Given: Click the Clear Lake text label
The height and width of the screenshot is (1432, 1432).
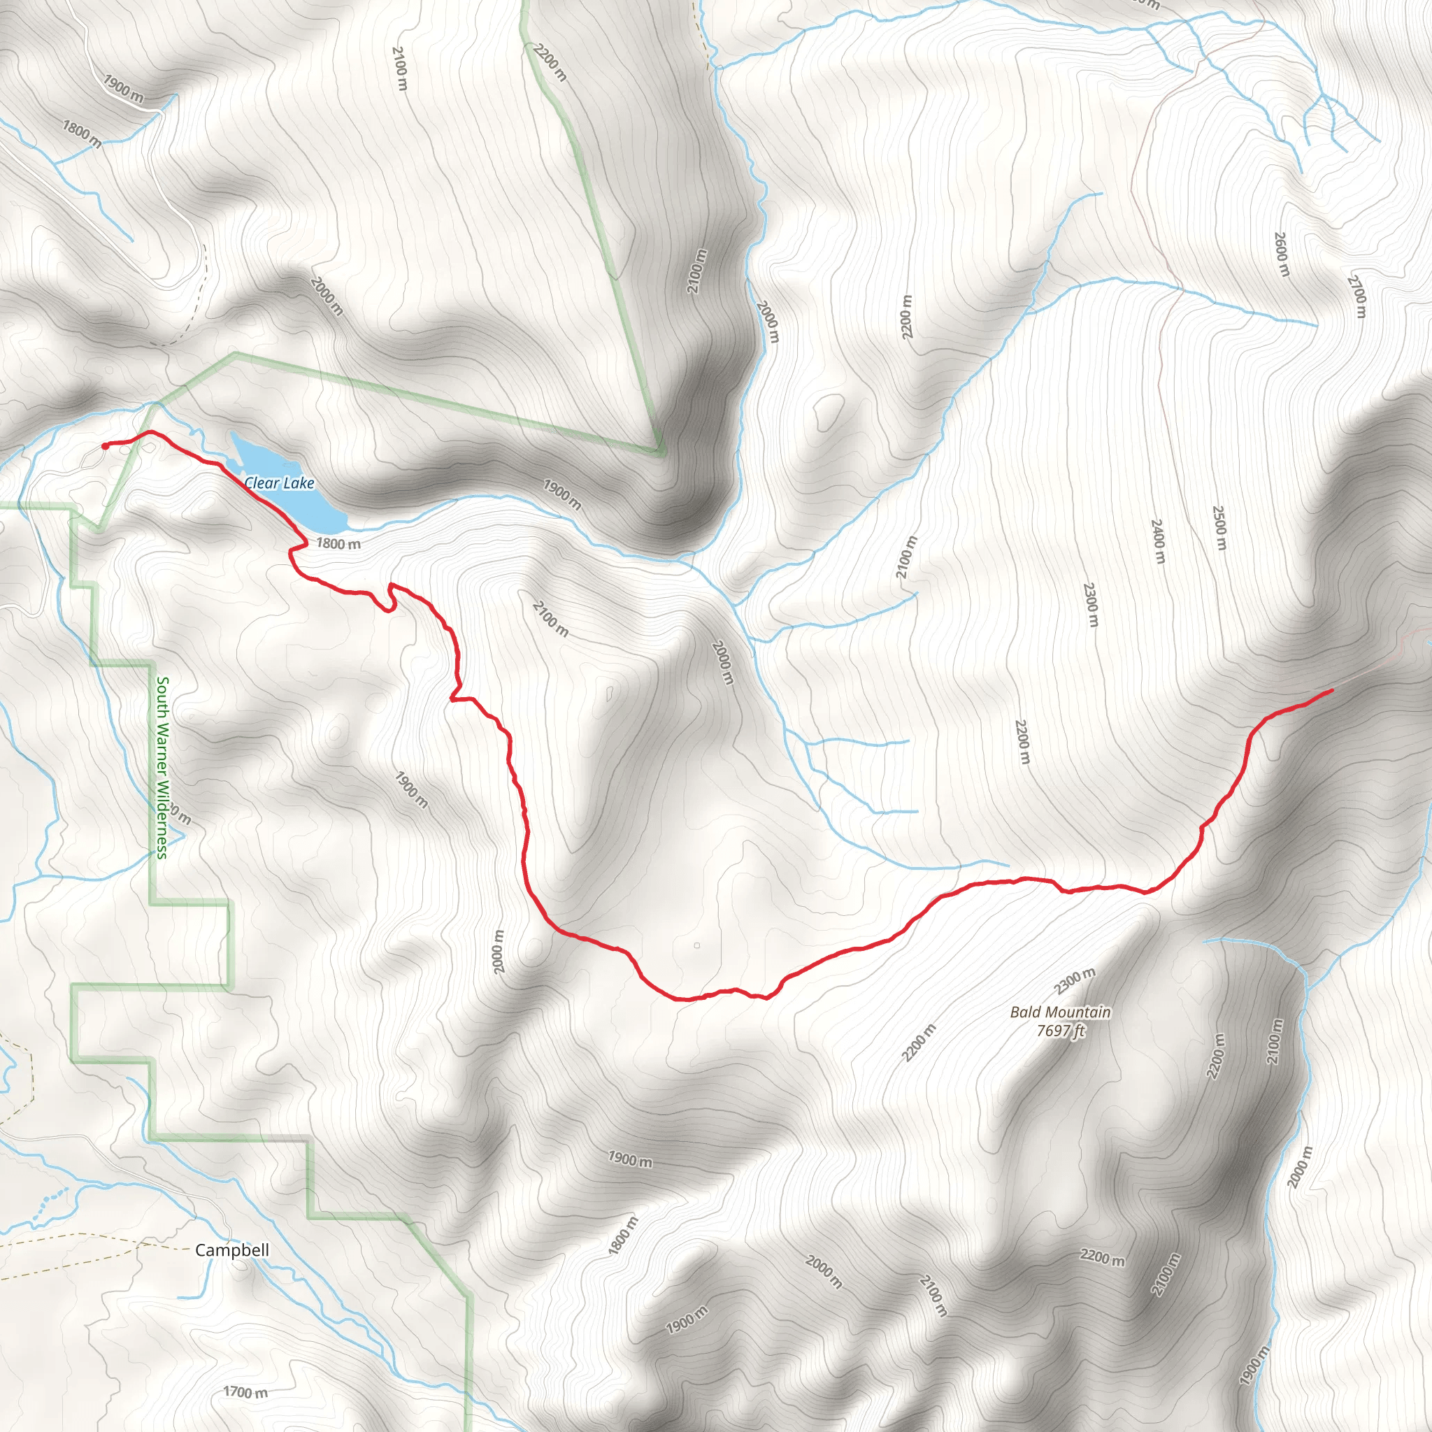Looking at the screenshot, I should coord(280,483).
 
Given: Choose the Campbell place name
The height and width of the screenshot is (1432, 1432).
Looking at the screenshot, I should coord(232,1250).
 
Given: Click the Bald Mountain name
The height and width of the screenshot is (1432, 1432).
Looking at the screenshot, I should coord(1060,1012).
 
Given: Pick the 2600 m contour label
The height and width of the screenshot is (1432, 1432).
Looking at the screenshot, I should coord(1282,255).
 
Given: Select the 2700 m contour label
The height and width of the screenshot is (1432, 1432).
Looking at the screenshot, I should coord(1356,296).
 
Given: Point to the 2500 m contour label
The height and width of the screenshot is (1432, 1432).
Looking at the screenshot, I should coord(1219,528).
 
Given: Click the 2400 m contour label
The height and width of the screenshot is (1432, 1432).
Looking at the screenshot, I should coord(1158,541).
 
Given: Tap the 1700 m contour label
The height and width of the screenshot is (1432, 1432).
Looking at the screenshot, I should coord(245,1392).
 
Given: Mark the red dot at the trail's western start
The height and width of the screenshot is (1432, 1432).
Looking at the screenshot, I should coord(106,446).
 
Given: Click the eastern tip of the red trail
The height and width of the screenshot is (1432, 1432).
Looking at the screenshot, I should coord(1331,691).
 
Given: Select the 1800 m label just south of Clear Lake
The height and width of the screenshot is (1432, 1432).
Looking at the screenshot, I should coord(338,543).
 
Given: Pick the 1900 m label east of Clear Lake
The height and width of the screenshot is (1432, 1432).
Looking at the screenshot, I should coord(562,494).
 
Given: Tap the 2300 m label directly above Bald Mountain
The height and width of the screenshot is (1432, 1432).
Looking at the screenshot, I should coord(1074,980).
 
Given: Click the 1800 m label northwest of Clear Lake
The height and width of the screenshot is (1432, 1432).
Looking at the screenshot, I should coord(82,134).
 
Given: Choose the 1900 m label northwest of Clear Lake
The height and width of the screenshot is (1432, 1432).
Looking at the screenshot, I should coord(123,88).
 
